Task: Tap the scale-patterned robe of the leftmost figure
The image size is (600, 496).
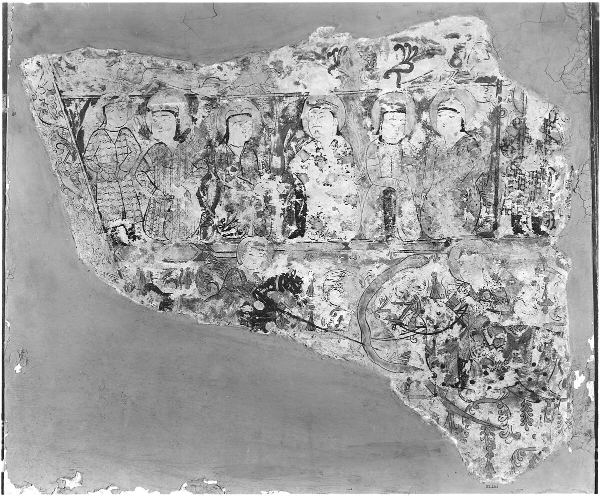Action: click(x=112, y=180)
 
